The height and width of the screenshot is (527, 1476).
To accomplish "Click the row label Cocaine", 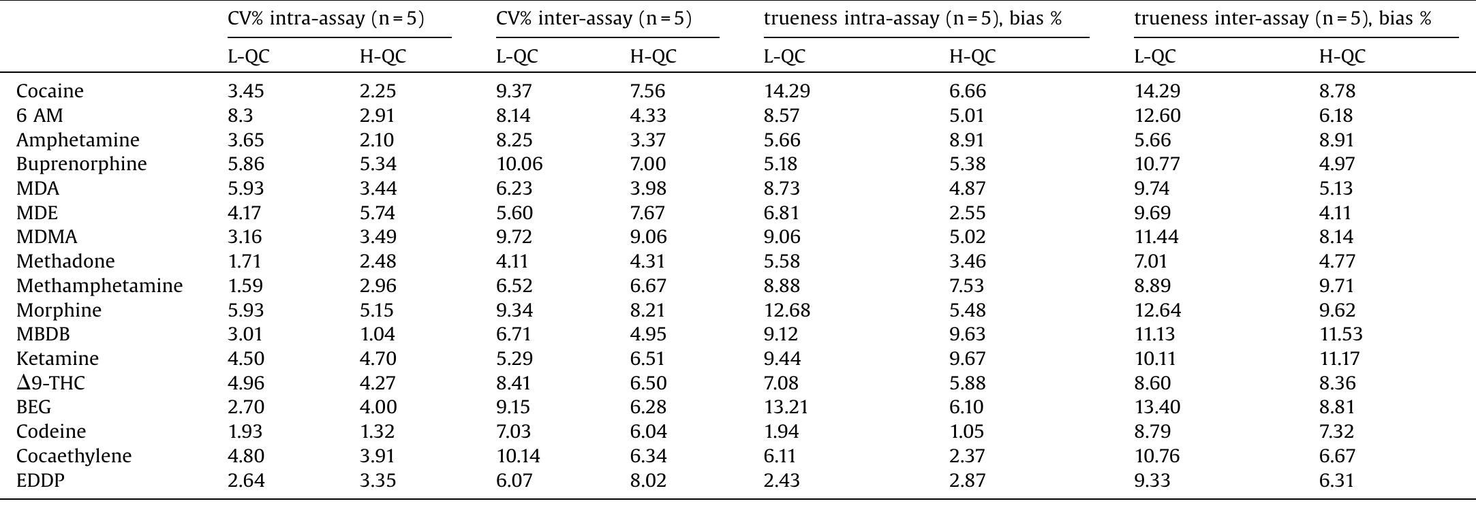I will pyautogui.click(x=50, y=91).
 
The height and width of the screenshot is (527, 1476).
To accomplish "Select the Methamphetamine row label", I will pyautogui.click(x=99, y=286).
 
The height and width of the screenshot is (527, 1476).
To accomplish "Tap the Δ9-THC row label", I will pyautogui.click(x=50, y=383).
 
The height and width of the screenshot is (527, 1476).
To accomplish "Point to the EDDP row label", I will pyautogui.click(x=40, y=481).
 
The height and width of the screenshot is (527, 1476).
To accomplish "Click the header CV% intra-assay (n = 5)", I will pyautogui.click(x=326, y=19).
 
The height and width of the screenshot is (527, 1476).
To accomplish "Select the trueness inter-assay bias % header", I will pyautogui.click(x=1282, y=19).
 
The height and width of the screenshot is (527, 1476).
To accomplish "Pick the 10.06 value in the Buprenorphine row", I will pyautogui.click(x=519, y=164).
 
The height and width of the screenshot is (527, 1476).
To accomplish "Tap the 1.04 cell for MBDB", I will pyautogui.click(x=378, y=334).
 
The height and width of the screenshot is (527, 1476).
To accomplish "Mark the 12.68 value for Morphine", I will pyautogui.click(x=787, y=310).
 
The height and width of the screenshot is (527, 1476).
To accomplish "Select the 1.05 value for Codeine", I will pyautogui.click(x=968, y=432).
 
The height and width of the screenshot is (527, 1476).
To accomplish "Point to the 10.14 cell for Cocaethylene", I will pyautogui.click(x=518, y=456).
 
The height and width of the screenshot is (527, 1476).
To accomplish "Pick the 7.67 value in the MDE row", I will pyautogui.click(x=647, y=213).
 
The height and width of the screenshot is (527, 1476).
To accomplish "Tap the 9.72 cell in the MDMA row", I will pyautogui.click(x=514, y=237).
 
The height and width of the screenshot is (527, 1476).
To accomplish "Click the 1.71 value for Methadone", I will pyautogui.click(x=244, y=261).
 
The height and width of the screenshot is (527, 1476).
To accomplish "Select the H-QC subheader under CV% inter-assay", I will pyautogui.click(x=653, y=57).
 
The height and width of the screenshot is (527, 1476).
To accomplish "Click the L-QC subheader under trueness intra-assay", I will pyautogui.click(x=784, y=57).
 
